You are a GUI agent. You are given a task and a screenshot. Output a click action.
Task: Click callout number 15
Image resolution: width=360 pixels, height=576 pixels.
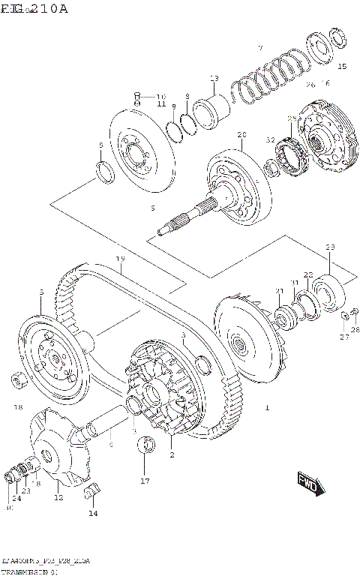tap(342, 67)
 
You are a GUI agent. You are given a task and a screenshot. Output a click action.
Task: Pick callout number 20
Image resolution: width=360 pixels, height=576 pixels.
tap(241, 135)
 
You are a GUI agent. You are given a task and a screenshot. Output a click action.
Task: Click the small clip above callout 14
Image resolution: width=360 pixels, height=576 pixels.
tap(91, 492)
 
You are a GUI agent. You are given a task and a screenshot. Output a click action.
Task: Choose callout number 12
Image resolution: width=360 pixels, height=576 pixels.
tap(58, 496)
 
